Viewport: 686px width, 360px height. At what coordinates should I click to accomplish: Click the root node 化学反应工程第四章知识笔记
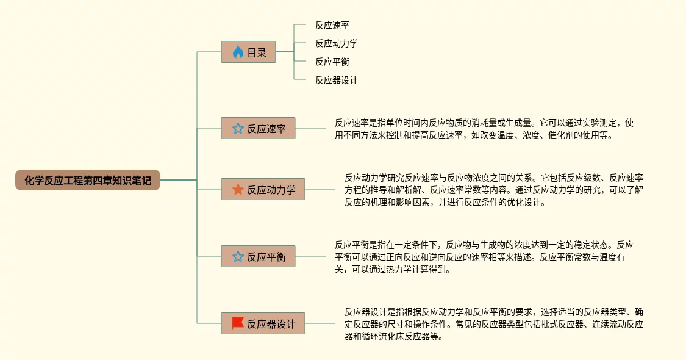pyautogui.click(x=88, y=180)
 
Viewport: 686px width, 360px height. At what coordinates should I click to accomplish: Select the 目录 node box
pyautogui.click(x=248, y=52)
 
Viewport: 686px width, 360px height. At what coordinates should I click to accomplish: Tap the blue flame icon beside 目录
pyautogui.click(x=237, y=52)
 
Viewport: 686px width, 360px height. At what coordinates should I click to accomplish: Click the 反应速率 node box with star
pyautogui.click(x=258, y=129)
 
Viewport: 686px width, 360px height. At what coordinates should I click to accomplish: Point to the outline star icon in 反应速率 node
pyautogui.click(x=238, y=129)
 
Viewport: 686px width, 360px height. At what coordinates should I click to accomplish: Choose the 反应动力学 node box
pyautogui.click(x=263, y=190)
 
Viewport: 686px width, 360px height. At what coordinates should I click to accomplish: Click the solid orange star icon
pyautogui.click(x=238, y=190)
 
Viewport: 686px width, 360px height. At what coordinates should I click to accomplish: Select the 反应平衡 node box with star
pyautogui.click(x=258, y=257)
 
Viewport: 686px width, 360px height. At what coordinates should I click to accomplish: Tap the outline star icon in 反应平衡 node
pyautogui.click(x=238, y=257)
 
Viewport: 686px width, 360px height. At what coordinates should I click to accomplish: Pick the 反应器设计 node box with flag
pyautogui.click(x=263, y=324)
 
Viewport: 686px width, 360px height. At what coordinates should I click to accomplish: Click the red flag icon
pyautogui.click(x=238, y=323)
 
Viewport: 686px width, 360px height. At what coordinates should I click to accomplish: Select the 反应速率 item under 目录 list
pyautogui.click(x=332, y=25)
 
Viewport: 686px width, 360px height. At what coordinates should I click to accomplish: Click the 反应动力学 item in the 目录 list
pyautogui.click(x=337, y=43)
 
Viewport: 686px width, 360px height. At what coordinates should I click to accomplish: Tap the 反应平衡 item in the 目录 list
pyautogui.click(x=332, y=62)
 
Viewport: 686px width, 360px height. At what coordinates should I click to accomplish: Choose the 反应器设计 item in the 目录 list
pyautogui.click(x=337, y=80)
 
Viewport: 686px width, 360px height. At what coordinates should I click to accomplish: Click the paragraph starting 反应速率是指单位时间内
pyautogui.click(x=484, y=129)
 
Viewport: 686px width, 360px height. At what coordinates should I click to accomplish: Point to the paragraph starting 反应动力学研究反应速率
pyautogui.click(x=494, y=190)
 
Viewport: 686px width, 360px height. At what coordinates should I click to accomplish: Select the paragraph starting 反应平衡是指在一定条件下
pyautogui.click(x=484, y=257)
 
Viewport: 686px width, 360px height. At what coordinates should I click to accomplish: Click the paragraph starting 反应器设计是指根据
pyautogui.click(x=494, y=324)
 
